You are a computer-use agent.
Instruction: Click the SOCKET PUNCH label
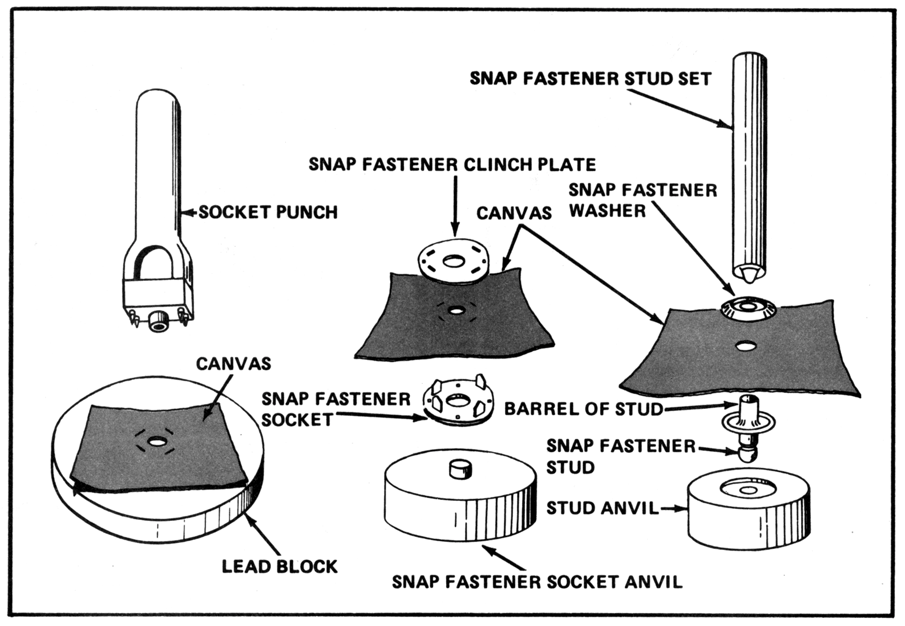(268, 212)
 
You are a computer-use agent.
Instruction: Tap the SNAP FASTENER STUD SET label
(590, 78)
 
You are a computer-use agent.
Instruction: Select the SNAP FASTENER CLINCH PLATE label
(452, 164)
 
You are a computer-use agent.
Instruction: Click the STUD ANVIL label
(602, 508)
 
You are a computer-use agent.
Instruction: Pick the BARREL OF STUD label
(583, 409)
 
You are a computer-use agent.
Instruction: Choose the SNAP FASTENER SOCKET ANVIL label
(536, 582)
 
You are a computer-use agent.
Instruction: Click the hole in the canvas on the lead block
(155, 442)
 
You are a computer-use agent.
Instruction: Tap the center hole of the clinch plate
(454, 262)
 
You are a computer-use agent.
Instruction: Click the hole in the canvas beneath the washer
(745, 346)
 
